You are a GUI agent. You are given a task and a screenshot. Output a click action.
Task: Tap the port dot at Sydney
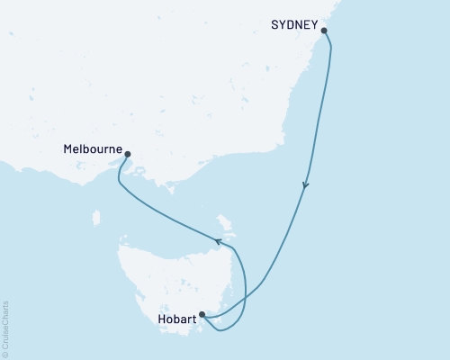pos(324,31)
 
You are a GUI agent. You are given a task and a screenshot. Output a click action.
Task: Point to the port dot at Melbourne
pos(127,155)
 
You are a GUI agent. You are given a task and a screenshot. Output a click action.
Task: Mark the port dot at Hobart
pos(202,315)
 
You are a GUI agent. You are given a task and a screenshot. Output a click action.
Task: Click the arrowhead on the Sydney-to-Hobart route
pos(306,187)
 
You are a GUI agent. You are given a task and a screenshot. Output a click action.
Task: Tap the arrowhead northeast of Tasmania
pos(216,240)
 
